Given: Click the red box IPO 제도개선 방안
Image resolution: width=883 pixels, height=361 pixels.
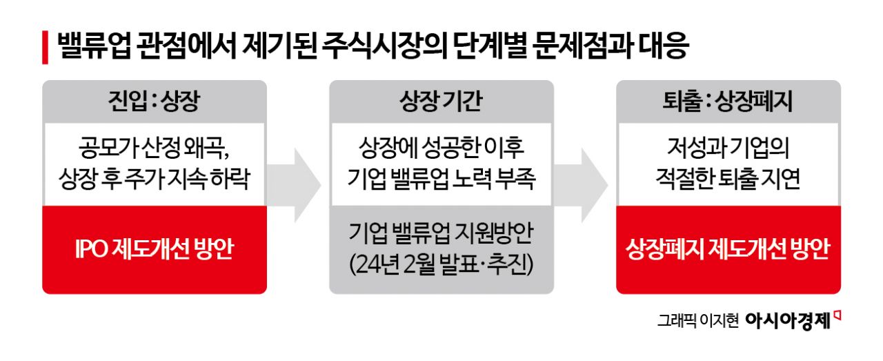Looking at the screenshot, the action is click(x=154, y=249).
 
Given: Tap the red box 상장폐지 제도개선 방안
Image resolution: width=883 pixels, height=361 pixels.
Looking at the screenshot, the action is click(x=728, y=249).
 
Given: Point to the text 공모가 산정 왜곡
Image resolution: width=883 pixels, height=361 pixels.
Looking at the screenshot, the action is click(x=154, y=148).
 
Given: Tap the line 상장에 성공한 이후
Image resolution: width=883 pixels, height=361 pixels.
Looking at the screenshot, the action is click(x=441, y=148).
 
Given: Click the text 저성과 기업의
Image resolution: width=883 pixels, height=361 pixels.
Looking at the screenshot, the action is click(x=728, y=148).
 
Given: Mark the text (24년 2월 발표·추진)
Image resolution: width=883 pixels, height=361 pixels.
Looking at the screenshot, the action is click(x=441, y=263).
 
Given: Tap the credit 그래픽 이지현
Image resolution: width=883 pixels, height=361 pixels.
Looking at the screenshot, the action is click(x=697, y=321).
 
